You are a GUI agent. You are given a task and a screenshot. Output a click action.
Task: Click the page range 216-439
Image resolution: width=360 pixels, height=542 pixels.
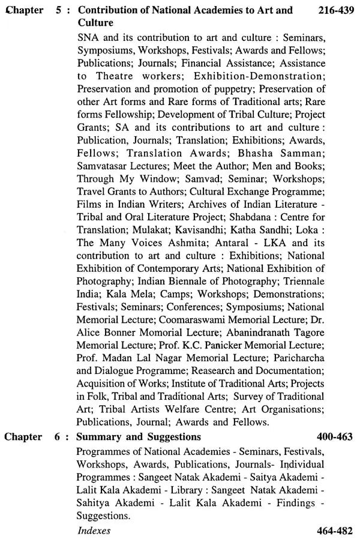(332, 10)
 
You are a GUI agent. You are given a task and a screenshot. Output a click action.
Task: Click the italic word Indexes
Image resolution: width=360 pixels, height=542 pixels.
(94, 531)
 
